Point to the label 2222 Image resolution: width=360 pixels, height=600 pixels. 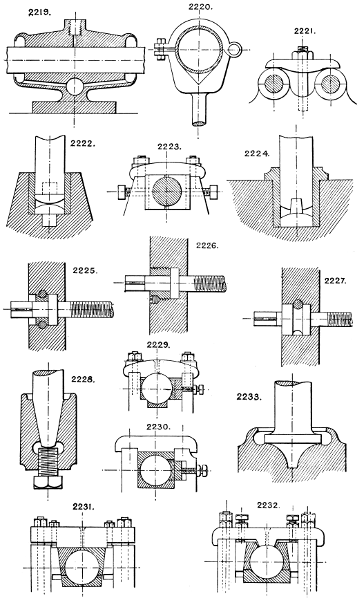(84, 146)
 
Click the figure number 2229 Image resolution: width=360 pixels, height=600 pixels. (161, 346)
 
